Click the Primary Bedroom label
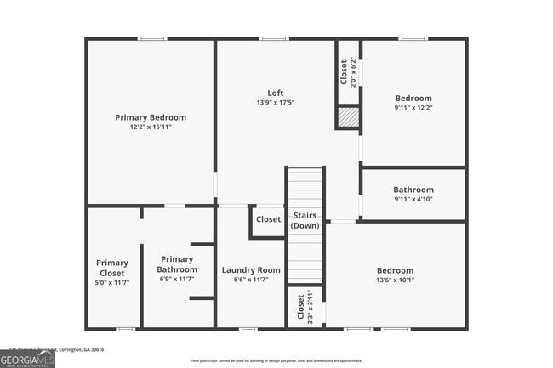(151, 117)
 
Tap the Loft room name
(275, 93)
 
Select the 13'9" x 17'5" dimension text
(275, 103)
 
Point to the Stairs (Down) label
(305, 220)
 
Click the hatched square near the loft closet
(349, 117)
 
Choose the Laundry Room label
(251, 270)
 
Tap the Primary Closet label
(111, 268)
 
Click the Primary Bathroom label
(177, 264)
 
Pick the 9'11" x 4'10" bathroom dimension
(413, 200)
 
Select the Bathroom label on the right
(413, 190)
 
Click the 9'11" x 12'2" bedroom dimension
(413, 108)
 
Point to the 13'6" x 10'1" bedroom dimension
(396, 280)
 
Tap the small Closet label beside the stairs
(268, 219)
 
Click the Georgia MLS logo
(28, 360)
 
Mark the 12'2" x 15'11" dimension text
(151, 127)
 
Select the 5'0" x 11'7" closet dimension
(111, 283)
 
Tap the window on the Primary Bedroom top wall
(151, 38)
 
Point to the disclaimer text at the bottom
(276, 360)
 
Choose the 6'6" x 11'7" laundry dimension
(251, 280)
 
